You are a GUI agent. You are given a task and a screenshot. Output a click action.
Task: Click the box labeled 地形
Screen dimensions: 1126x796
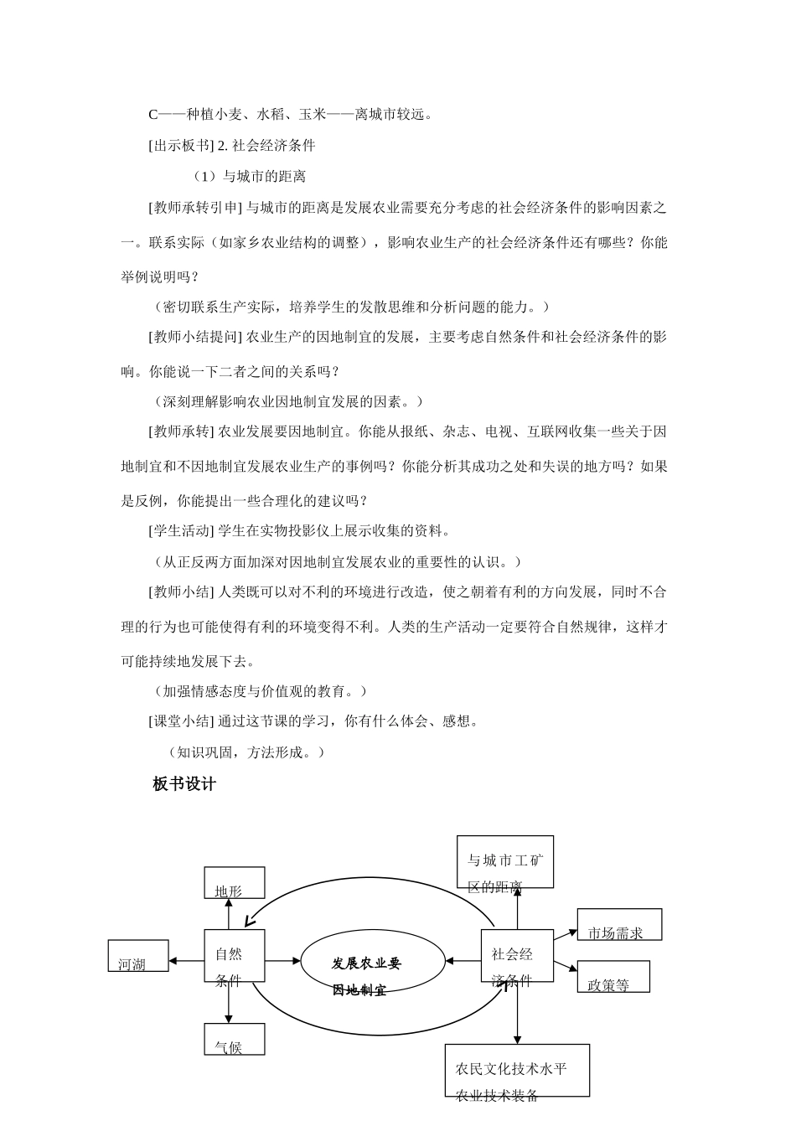click(235, 883)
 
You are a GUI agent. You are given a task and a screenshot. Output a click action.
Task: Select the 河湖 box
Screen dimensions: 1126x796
click(138, 956)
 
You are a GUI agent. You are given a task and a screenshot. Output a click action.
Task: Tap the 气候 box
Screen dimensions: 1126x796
click(235, 1039)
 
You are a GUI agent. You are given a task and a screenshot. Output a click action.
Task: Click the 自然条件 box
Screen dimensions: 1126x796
click(235, 956)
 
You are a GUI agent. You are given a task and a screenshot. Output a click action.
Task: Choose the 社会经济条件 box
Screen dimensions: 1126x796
click(517, 956)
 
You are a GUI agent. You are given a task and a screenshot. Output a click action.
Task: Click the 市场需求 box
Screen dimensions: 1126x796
click(619, 925)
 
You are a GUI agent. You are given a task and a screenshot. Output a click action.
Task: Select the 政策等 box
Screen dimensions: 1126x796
click(613, 977)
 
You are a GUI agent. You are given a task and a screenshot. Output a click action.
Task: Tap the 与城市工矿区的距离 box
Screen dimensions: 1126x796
click(505, 861)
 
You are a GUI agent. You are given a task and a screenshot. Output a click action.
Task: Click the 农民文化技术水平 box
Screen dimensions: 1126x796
click(517, 1070)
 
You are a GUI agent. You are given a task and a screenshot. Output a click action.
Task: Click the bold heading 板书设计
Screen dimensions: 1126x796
click(184, 784)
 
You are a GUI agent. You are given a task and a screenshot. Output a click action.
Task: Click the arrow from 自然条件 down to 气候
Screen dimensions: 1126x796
click(229, 1003)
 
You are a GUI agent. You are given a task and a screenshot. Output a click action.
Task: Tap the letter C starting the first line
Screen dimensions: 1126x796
click(153, 114)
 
